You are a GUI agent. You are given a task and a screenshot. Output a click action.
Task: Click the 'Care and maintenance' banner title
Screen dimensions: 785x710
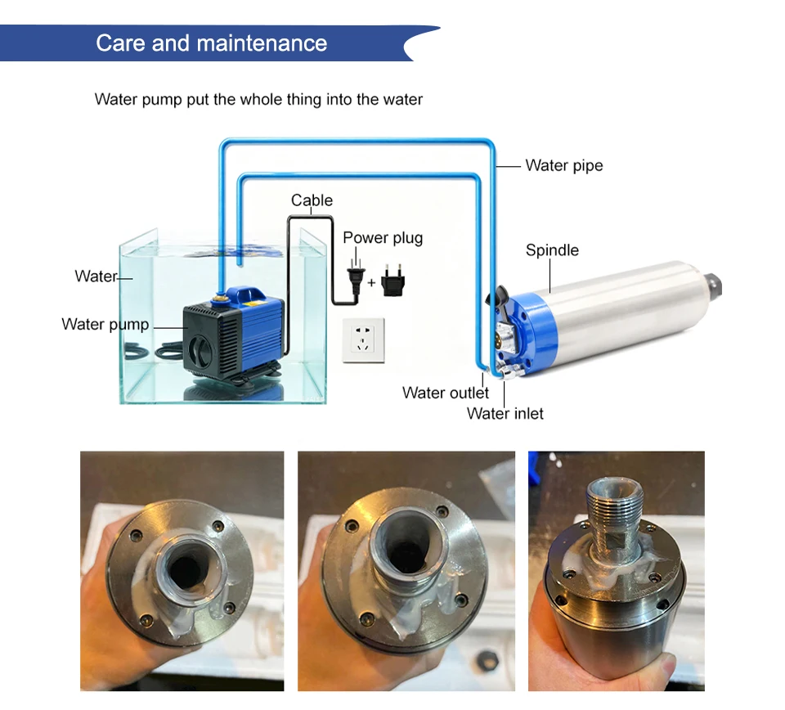coord(211,43)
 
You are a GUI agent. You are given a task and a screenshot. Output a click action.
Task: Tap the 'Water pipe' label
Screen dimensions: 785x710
coord(564,165)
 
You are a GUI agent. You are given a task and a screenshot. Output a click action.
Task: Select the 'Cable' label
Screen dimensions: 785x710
coord(312,200)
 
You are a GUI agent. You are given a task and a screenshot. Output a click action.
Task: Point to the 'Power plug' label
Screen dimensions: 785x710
coord(383,238)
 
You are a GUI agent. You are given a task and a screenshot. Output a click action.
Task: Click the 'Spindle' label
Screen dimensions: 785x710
coord(552,249)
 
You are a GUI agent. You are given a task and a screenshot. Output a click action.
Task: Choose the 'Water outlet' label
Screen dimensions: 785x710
coord(446,393)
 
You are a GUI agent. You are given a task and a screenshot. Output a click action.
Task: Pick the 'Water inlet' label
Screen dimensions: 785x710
coord(505,414)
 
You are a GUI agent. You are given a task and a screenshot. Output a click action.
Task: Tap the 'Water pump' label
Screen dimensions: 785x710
coord(105,324)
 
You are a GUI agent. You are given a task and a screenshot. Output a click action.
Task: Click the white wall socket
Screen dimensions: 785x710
coord(363,340)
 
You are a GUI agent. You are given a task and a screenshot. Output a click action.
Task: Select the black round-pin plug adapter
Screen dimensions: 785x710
coord(393,281)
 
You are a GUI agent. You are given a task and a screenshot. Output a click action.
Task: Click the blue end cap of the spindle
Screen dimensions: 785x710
coord(525,330)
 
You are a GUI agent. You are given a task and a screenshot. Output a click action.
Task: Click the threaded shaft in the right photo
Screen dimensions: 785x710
coord(614,512)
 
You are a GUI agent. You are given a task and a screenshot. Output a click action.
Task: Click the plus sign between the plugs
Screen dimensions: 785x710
coord(371,283)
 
